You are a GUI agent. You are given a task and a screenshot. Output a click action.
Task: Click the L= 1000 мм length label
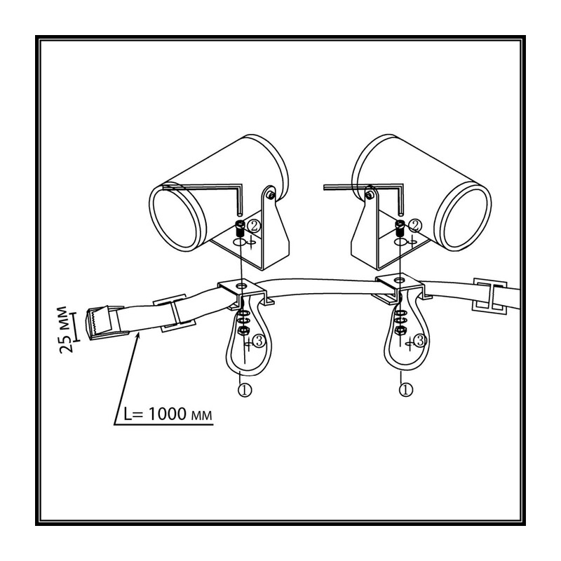[x=168, y=414]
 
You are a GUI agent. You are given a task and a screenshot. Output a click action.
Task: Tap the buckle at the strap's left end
[x=106, y=323]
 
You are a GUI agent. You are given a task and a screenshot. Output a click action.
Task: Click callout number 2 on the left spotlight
[x=254, y=226]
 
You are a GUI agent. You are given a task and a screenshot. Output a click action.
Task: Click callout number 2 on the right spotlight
[x=415, y=225]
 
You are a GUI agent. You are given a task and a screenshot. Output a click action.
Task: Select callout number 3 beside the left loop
[x=259, y=341]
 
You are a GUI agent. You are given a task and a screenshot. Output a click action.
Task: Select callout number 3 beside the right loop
[x=420, y=341]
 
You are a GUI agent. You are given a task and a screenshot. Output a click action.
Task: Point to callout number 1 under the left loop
[x=245, y=390]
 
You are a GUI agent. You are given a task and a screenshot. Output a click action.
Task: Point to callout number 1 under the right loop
[x=406, y=389]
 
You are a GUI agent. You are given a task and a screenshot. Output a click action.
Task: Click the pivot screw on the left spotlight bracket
[x=271, y=195]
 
